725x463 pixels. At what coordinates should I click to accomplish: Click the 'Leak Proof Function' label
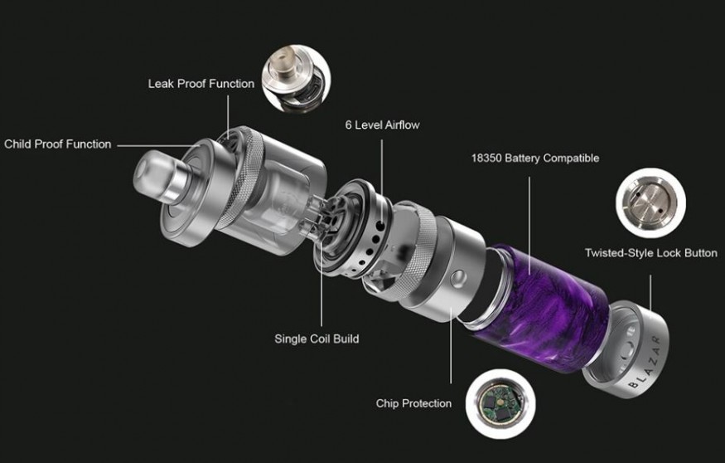201,84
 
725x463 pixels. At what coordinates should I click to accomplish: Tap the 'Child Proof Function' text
58,144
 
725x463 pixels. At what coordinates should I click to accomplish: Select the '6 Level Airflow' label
382,125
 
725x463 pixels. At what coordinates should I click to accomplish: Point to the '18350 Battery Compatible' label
535,158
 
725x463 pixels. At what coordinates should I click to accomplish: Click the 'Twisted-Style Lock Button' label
651,253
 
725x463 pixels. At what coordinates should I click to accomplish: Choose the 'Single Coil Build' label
317,339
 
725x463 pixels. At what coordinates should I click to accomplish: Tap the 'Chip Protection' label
413,403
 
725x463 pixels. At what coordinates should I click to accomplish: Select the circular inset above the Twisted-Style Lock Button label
650,202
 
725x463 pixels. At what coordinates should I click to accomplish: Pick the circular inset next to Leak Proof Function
296,78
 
